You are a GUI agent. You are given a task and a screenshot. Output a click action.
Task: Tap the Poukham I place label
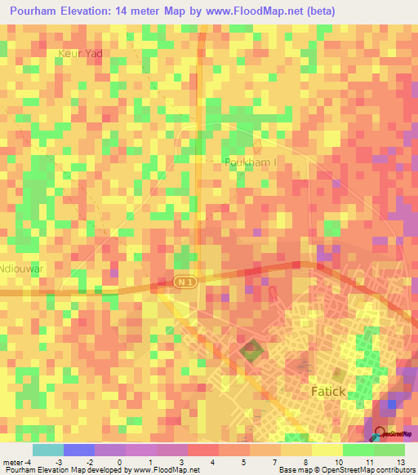(x=251, y=162)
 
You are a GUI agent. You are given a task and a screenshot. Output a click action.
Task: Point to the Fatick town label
(x=334, y=392)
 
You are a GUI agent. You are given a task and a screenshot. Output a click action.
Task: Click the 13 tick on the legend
(x=399, y=462)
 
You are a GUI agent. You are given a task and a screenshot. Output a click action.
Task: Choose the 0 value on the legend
(x=119, y=462)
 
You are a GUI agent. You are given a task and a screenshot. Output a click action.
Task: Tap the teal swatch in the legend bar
(x=48, y=450)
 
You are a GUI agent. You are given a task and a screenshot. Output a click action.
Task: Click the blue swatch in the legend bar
(x=79, y=450)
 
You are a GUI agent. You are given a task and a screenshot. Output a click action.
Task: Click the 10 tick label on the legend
(x=338, y=462)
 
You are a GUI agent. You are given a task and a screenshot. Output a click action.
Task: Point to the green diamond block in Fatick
(x=251, y=352)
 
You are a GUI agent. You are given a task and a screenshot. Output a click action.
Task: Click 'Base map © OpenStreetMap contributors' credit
(x=345, y=470)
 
